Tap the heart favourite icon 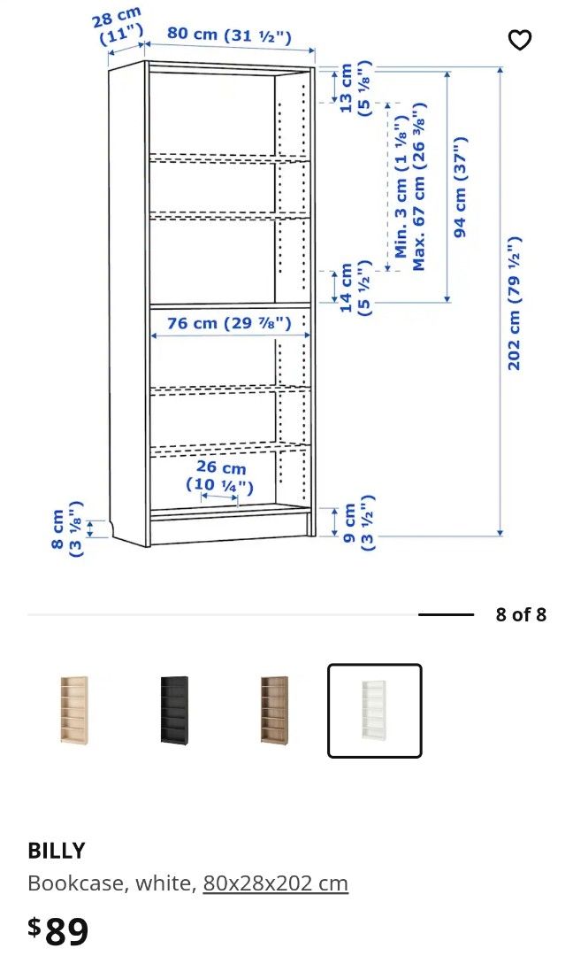point(520,40)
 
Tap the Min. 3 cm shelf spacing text point(401,204)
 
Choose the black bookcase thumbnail point(174,710)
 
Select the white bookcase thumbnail point(374,710)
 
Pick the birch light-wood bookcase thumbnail point(74,710)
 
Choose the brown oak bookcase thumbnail point(274,710)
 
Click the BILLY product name point(57,851)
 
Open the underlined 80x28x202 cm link point(275,883)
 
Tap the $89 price point(58,930)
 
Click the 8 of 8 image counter point(521,614)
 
